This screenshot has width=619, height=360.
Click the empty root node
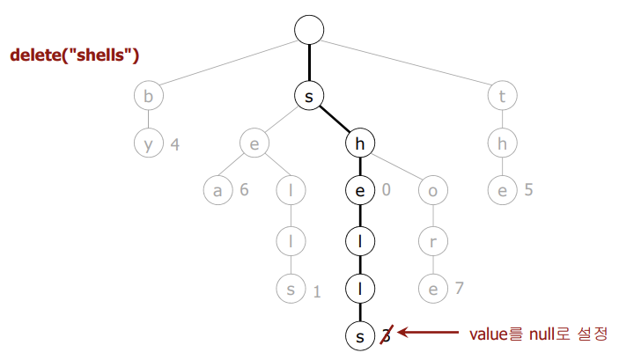309,29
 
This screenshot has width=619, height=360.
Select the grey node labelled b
148,97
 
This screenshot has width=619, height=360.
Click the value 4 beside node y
175,143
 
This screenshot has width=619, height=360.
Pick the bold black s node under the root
309,97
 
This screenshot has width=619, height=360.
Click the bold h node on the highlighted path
359,143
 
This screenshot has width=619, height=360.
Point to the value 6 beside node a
244,189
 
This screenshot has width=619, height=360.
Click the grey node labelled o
431,189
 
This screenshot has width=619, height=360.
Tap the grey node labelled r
431,239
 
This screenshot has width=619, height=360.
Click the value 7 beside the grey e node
460,287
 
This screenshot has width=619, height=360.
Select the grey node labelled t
502,97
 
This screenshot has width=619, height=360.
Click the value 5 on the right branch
528,189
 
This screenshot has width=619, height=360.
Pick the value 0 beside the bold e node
387,189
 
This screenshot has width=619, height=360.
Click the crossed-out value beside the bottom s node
385,334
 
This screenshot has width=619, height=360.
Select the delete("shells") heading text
76,55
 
